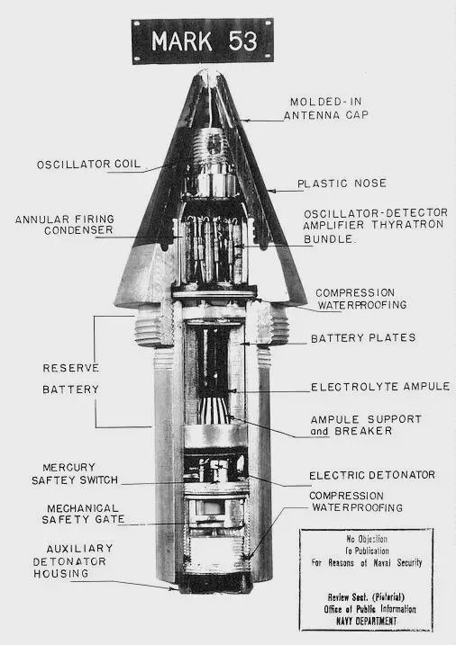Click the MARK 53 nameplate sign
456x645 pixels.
pyautogui.click(x=202, y=41)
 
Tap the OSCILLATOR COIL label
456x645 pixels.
pyautogui.click(x=88, y=165)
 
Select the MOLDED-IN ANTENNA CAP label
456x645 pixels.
pyautogui.click(x=326, y=109)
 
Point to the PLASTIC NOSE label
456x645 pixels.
pyautogui.click(x=342, y=184)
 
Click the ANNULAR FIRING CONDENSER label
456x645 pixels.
pyautogui.click(x=65, y=225)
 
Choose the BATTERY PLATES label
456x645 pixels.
pyautogui.click(x=363, y=338)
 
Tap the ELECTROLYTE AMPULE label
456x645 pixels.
pyautogui.click(x=380, y=387)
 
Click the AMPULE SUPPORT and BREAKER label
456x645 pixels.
pyautogui.click(x=366, y=426)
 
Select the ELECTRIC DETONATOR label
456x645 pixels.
pyautogui.click(x=372, y=476)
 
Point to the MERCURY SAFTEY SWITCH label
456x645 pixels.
pyautogui.click(x=75, y=474)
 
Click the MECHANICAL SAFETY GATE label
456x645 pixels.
pyautogui.click(x=83, y=515)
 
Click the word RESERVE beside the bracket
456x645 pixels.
pyautogui.click(x=71, y=368)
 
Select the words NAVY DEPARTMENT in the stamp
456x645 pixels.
pyautogui.click(x=366, y=621)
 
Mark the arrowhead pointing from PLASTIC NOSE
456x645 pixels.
pyautogui.click(x=269, y=191)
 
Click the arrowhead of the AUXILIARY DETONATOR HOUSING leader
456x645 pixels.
pyautogui.click(x=174, y=588)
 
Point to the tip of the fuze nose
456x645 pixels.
pyautogui.click(x=209, y=72)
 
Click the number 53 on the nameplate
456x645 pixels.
pyautogui.click(x=243, y=41)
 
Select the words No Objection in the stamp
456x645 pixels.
pyautogui.click(x=367, y=539)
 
